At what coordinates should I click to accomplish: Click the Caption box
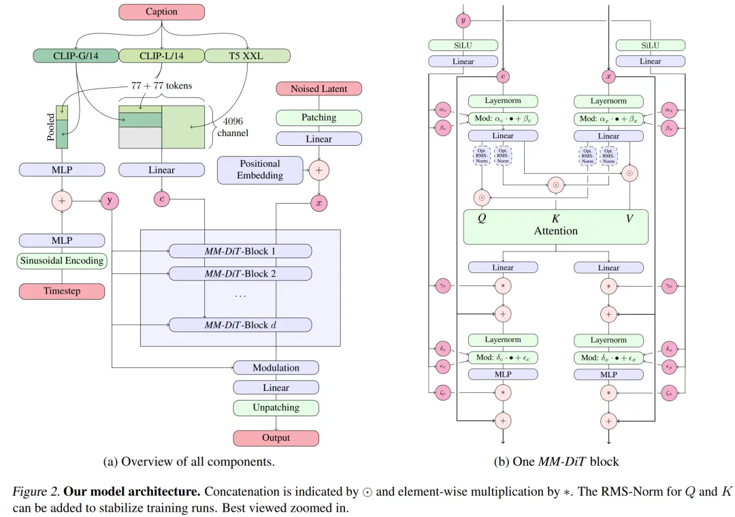(161, 12)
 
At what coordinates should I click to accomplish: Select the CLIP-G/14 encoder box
(76, 56)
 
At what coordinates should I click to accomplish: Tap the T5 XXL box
(247, 56)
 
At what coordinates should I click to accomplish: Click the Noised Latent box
(318, 89)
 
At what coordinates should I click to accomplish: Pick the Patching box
(318, 118)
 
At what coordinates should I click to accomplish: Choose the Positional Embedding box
(259, 170)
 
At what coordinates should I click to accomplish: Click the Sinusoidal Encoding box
(61, 260)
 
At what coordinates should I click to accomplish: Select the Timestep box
(61, 292)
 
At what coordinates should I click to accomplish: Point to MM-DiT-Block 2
(240, 274)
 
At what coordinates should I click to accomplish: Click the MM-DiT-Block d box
(240, 325)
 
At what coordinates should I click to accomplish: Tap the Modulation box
(276, 368)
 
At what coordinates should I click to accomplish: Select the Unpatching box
(276, 408)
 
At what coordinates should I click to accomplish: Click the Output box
(276, 438)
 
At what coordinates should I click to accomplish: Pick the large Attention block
(555, 227)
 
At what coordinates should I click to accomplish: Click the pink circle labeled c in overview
(161, 200)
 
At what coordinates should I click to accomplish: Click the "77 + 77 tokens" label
(160, 86)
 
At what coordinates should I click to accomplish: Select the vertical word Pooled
(51, 127)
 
